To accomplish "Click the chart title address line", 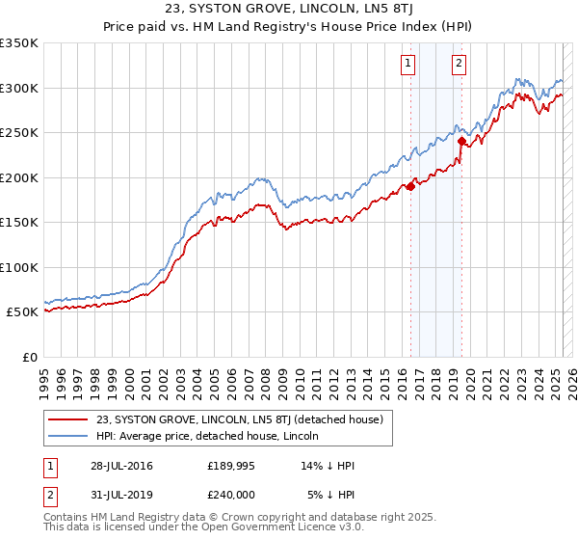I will (x=289, y=9).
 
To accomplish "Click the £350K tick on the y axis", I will (x=19, y=43).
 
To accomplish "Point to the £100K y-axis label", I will (x=19, y=267).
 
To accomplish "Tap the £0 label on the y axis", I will (x=29, y=357).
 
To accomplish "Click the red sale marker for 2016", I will (x=410, y=187).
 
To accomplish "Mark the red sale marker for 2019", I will (x=461, y=142).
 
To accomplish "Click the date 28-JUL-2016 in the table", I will (x=119, y=466).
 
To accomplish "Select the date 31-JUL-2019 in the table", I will (x=119, y=495).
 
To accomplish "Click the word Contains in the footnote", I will (x=68, y=517).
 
